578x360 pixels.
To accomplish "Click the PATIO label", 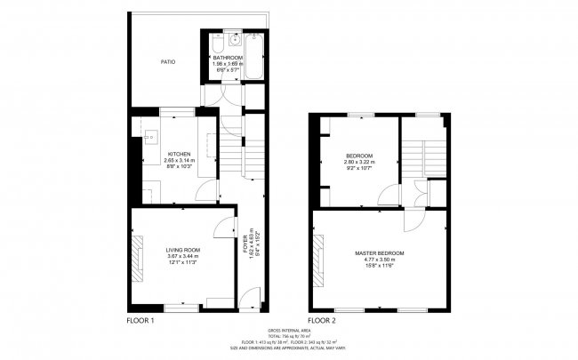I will tap(167, 62).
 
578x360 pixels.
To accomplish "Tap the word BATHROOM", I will tap(228, 58).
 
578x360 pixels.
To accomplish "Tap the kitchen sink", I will tap(150, 137).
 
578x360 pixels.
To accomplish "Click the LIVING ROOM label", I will tap(182, 250).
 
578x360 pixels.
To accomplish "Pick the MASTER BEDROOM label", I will tap(380, 253).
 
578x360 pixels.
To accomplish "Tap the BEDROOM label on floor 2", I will tap(359, 156).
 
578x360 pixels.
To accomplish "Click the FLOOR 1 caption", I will tap(141, 319).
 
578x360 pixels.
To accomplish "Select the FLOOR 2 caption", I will tap(322, 319).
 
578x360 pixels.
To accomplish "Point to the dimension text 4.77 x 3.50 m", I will tap(380, 260).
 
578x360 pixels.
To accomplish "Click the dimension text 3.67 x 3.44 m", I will tap(182, 256).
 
